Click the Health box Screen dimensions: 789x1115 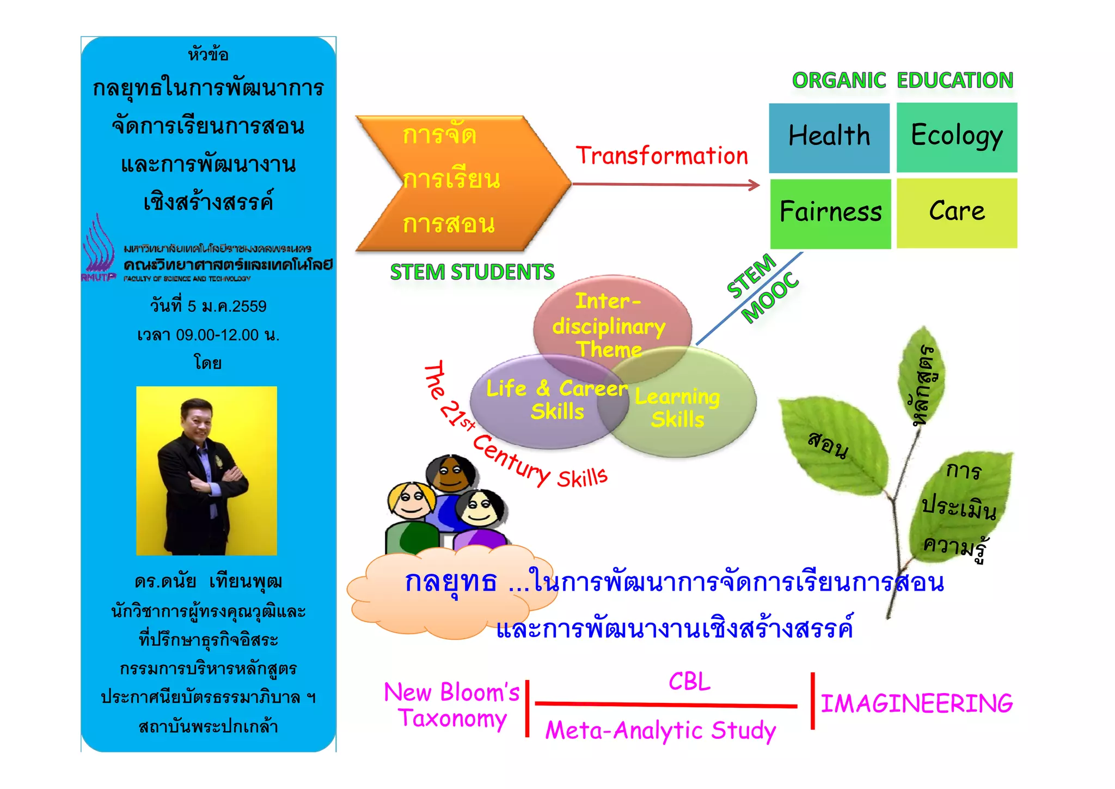829,137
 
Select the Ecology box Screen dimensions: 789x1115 957,137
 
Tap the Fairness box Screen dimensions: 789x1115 830,213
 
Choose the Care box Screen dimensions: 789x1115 957,213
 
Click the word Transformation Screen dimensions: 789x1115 662,156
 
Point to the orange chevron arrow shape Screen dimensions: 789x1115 463,183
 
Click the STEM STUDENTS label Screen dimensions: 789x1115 472,272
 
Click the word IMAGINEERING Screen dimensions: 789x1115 916,703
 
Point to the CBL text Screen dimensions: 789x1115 689,682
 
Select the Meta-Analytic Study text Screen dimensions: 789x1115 660,731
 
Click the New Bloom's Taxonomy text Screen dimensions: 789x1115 452,705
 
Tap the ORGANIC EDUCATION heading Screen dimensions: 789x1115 902,81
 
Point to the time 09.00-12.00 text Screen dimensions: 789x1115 209,335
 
